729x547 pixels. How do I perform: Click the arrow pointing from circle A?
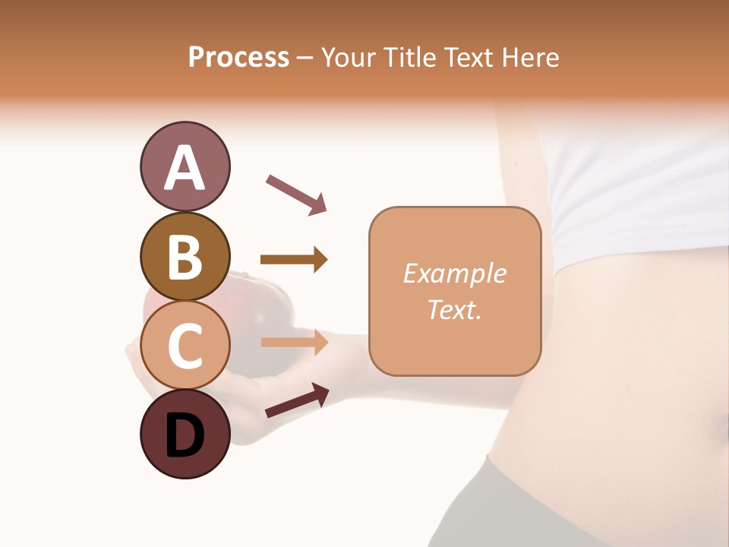click(296, 194)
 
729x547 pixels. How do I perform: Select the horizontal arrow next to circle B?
click(294, 260)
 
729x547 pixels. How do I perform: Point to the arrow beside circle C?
click(294, 342)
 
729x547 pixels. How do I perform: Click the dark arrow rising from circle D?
click(297, 400)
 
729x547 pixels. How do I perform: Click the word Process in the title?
click(238, 57)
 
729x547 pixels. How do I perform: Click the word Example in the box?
click(455, 273)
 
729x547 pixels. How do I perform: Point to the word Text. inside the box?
click(455, 309)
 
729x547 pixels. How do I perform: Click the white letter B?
click(185, 257)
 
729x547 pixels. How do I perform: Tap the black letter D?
click(185, 435)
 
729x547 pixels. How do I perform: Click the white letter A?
click(185, 168)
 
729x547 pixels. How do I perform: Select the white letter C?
click(185, 346)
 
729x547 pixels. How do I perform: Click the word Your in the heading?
click(348, 57)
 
